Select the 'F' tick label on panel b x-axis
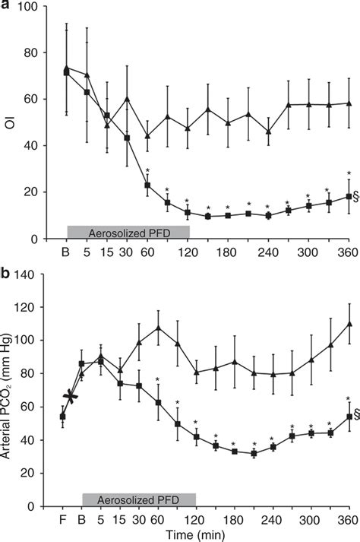(62, 520)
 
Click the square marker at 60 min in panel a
(147, 185)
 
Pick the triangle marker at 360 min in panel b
(349, 323)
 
